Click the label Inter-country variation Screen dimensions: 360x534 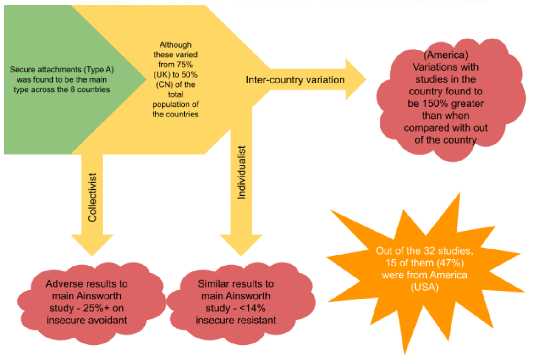point(295,80)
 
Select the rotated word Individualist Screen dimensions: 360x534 point(242,172)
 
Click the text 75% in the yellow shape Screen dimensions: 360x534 point(186,65)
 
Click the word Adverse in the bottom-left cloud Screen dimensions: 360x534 point(61,284)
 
